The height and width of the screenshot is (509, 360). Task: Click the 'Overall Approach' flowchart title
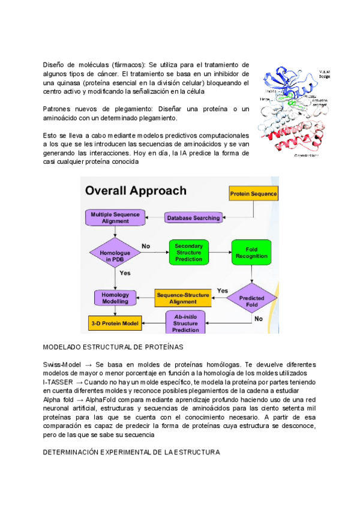coord(136,191)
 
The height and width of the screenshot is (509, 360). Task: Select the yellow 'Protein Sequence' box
coord(253,193)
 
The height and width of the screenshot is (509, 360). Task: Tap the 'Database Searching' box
coord(193,218)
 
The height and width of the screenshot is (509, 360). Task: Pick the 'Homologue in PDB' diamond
coord(114,254)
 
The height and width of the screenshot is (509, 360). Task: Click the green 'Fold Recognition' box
coord(252,253)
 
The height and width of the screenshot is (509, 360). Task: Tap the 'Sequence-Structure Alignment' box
coord(183,298)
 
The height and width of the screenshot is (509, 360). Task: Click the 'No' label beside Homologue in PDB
coord(146,245)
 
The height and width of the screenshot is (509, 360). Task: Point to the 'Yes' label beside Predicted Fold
coord(223,291)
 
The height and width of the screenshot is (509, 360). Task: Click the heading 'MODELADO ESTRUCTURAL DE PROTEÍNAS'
coord(113,348)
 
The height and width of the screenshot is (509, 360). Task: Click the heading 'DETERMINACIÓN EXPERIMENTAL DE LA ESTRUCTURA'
coord(131,452)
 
